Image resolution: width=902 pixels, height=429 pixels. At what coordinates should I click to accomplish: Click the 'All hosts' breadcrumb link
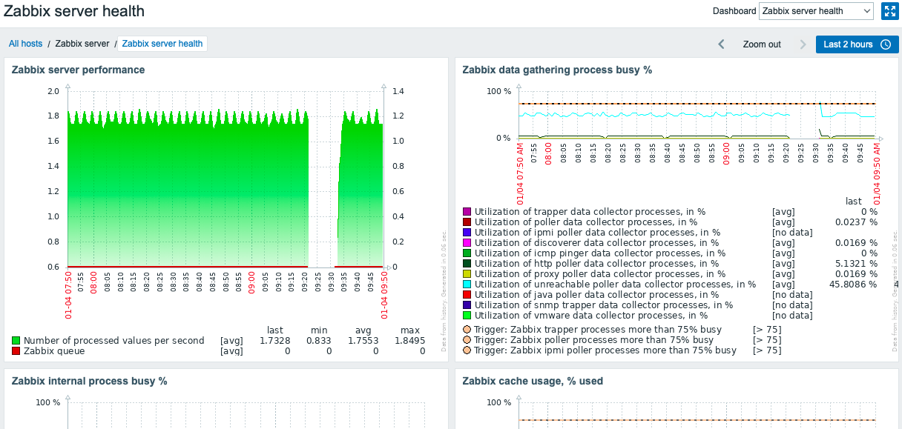[x=25, y=44]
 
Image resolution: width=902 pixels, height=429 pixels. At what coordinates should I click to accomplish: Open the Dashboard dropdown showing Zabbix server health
[x=816, y=11]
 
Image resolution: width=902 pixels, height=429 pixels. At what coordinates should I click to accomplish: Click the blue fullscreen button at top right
[x=889, y=11]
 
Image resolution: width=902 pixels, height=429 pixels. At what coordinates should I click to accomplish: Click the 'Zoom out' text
[x=762, y=44]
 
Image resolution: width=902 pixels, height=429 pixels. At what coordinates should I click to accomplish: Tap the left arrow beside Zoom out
[x=721, y=44]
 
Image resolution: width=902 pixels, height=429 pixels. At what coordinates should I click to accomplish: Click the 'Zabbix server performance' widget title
[x=78, y=70]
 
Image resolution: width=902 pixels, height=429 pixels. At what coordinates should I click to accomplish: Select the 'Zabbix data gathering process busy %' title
[x=557, y=70]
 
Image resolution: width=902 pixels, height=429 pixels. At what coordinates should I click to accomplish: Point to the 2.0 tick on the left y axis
[x=53, y=91]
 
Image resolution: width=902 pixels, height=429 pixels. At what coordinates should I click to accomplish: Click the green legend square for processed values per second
[x=16, y=341]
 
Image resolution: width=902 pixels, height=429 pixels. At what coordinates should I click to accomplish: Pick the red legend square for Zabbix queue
[x=16, y=351]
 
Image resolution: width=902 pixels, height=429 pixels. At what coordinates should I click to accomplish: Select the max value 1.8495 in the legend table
[x=409, y=341]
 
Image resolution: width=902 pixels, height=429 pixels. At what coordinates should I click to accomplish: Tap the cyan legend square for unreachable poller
[x=467, y=285]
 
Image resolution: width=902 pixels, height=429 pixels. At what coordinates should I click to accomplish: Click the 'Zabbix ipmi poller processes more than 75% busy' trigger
[x=605, y=350]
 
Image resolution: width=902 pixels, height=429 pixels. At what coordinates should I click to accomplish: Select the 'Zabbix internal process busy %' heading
[x=89, y=381]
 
